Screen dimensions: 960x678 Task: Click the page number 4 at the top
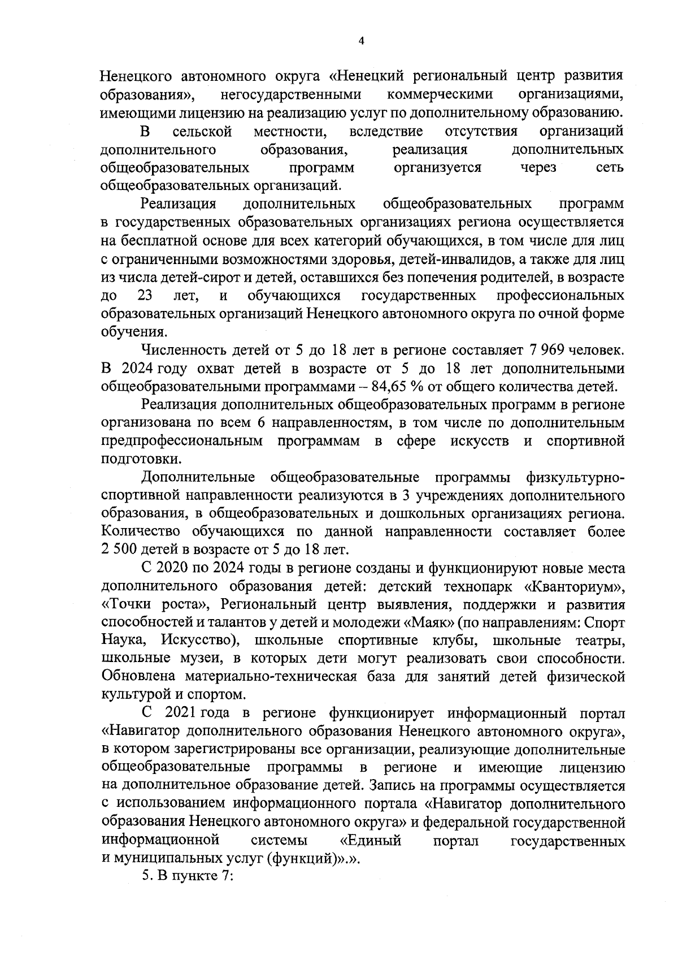362,40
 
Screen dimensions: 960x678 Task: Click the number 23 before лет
145,296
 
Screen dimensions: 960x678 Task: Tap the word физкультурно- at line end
575,478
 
